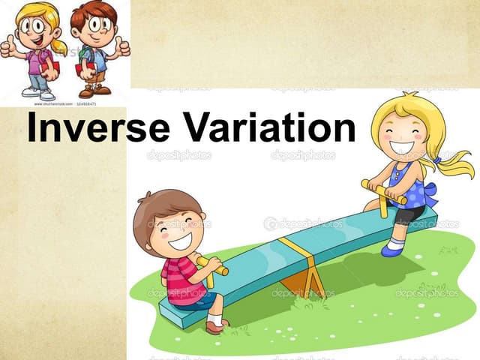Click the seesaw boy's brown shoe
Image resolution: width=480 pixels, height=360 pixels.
pyautogui.click(x=217, y=326)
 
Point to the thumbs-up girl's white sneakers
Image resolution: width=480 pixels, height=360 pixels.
pyautogui.click(x=37, y=92)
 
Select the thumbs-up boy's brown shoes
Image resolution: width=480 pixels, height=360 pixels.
pyautogui.click(x=94, y=91)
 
